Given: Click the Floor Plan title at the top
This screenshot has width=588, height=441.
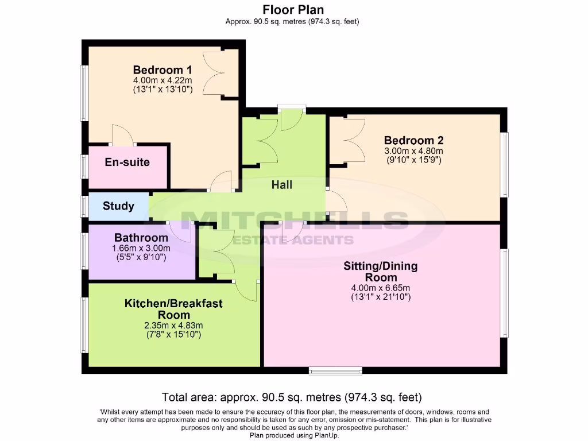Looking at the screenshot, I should pos(293,10).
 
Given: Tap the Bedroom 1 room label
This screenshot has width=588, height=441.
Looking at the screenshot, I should pos(163,71).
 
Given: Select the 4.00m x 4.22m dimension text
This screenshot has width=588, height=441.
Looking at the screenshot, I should pos(163,81).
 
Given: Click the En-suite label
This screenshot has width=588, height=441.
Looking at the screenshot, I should pos(127,163).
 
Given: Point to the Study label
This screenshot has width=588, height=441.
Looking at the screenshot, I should pos(118,206).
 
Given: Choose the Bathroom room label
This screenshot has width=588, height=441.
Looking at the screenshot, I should pos(141,238).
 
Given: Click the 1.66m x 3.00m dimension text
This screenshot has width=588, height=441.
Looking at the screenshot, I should pos(141,248).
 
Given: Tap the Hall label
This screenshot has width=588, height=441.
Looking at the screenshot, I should pos(282,185).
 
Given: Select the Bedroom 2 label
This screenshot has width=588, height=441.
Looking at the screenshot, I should pos(413,141).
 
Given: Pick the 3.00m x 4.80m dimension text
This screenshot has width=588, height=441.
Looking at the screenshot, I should pos(413,152).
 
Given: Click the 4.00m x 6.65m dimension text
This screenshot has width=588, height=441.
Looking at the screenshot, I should pos(380,288).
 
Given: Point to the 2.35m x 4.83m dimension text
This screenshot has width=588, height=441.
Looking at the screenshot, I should pos(173,325).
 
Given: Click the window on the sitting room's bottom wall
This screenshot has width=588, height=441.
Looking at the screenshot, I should pos(327,370).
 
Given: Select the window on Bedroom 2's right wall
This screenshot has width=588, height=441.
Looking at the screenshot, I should pos(505,165).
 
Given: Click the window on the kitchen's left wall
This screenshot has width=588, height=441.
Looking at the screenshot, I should pos(84,324).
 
